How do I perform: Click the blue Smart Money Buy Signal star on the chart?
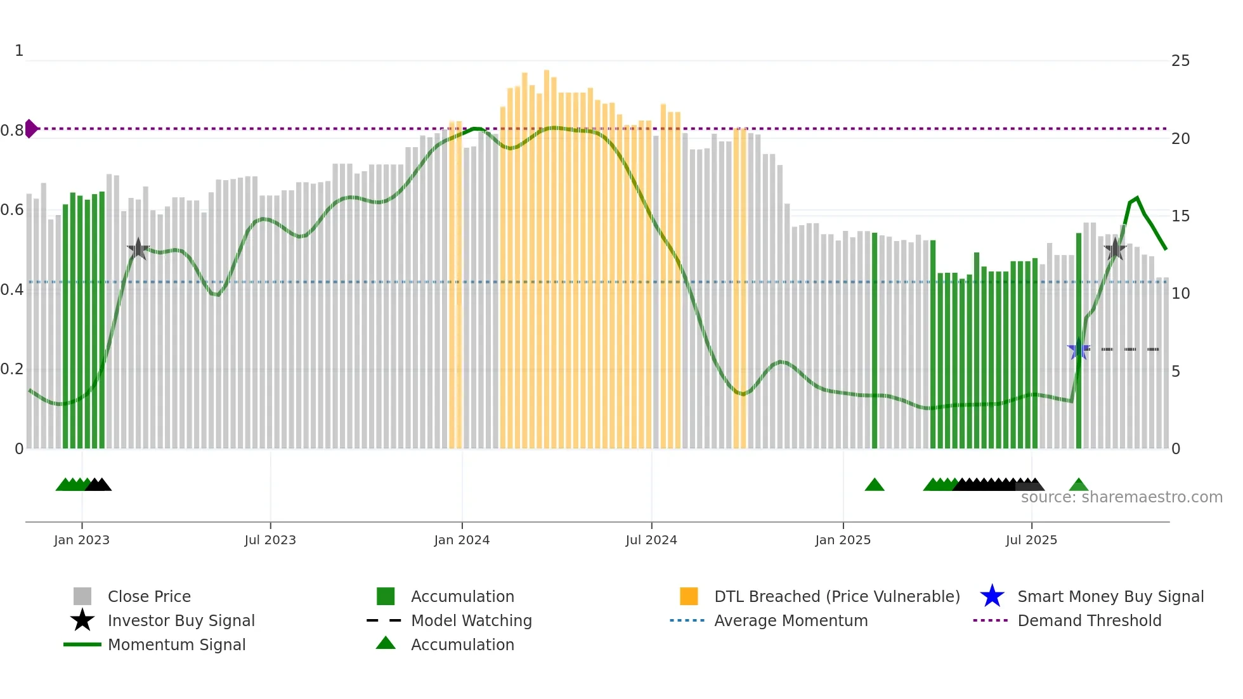tap(1078, 349)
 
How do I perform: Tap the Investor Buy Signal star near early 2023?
tap(138, 249)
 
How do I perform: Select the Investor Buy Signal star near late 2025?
tap(1114, 249)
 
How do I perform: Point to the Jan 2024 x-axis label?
tap(462, 540)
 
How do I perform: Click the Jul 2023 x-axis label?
tap(270, 540)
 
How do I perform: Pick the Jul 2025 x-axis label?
tap(1031, 540)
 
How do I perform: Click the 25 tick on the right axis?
tap(1180, 61)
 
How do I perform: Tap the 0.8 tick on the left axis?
tap(11, 131)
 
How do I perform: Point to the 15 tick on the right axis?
tap(1180, 216)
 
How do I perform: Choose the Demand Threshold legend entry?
tap(1089, 620)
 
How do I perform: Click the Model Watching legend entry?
tap(471, 620)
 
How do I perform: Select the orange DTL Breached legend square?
tap(689, 596)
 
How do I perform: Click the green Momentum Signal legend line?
tap(82, 644)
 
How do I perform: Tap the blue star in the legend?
tap(992, 596)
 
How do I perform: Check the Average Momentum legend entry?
tap(790, 620)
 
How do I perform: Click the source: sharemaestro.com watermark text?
tap(1121, 497)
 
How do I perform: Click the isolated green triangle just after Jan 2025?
tap(875, 485)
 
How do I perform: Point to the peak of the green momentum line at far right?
tap(1137, 198)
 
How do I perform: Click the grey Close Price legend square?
tap(82, 596)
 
